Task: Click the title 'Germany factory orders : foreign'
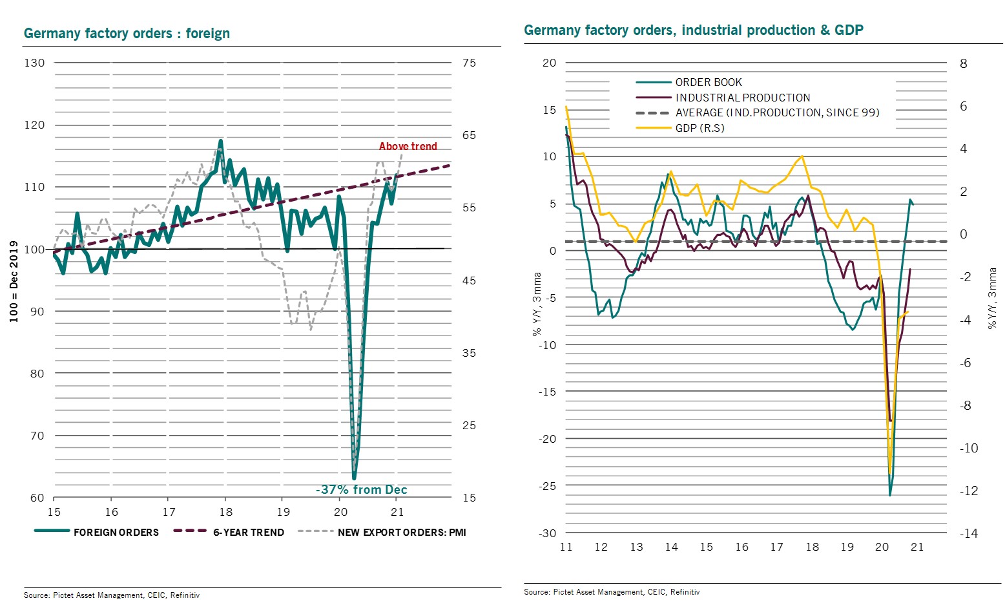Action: coord(127,34)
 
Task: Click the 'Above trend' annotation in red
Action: coord(408,147)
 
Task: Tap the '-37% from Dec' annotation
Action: coord(361,489)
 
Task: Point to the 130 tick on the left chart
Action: coord(34,63)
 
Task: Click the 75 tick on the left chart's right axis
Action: coord(469,63)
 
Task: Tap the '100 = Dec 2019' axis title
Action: coord(14,282)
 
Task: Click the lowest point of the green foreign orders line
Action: coord(354,478)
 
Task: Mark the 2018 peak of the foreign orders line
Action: coord(221,140)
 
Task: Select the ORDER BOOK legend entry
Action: coord(708,82)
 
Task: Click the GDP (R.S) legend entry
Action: coord(699,128)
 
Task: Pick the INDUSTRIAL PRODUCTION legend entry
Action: coord(742,98)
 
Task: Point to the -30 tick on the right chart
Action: coord(548,533)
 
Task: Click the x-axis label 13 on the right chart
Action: coord(636,547)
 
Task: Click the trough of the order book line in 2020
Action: coord(890,495)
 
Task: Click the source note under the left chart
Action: coord(112,595)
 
